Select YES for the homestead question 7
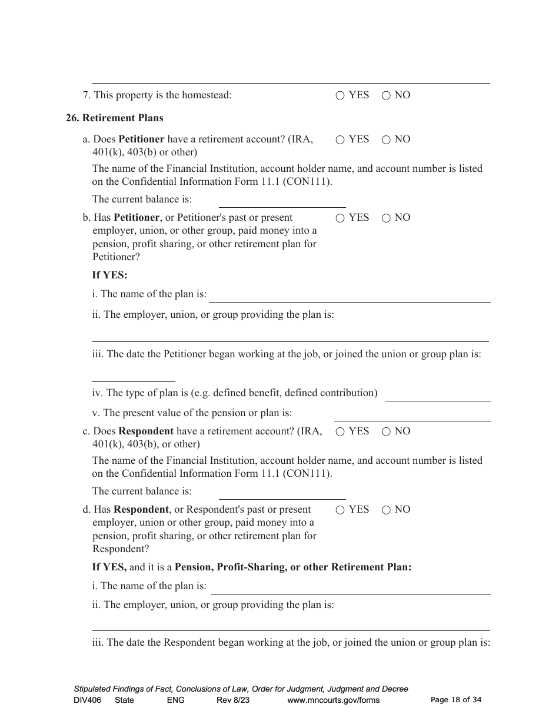pos(340,95)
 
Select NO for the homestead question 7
pos(386,95)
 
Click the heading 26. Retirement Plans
pos(114,118)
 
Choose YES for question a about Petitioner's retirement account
pos(340,140)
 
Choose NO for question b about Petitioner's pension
pos(386,218)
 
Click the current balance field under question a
pos(282,201)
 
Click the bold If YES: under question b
pos(109,275)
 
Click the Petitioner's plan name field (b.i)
pos(350,295)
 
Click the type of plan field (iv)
pos(437,394)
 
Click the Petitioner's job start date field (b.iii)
pos(134,375)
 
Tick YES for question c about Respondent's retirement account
pos(340,432)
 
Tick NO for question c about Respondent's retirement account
pos(386,432)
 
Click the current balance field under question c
pos(282,493)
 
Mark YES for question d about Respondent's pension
pos(340,510)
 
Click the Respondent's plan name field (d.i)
pos(350,587)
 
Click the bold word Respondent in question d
pos(141,510)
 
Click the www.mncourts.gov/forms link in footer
pos(333,700)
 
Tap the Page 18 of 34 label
pos(456,700)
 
